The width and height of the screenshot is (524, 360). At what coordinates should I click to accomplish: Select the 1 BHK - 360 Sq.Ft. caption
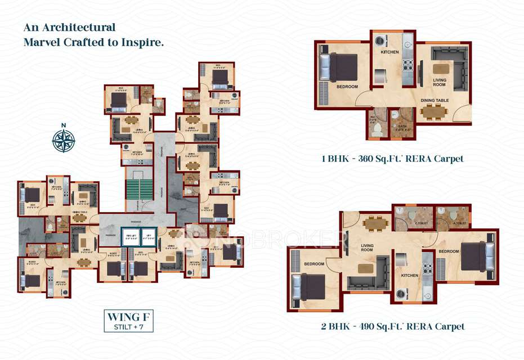point(392,159)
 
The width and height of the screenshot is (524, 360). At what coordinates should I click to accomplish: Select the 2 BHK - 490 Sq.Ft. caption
point(393,326)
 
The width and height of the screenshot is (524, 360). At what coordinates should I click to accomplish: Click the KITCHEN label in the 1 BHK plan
point(389,52)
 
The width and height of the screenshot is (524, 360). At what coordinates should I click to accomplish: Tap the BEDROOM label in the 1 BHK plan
point(347,87)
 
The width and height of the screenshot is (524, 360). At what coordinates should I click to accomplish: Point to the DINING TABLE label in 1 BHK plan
point(435,100)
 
